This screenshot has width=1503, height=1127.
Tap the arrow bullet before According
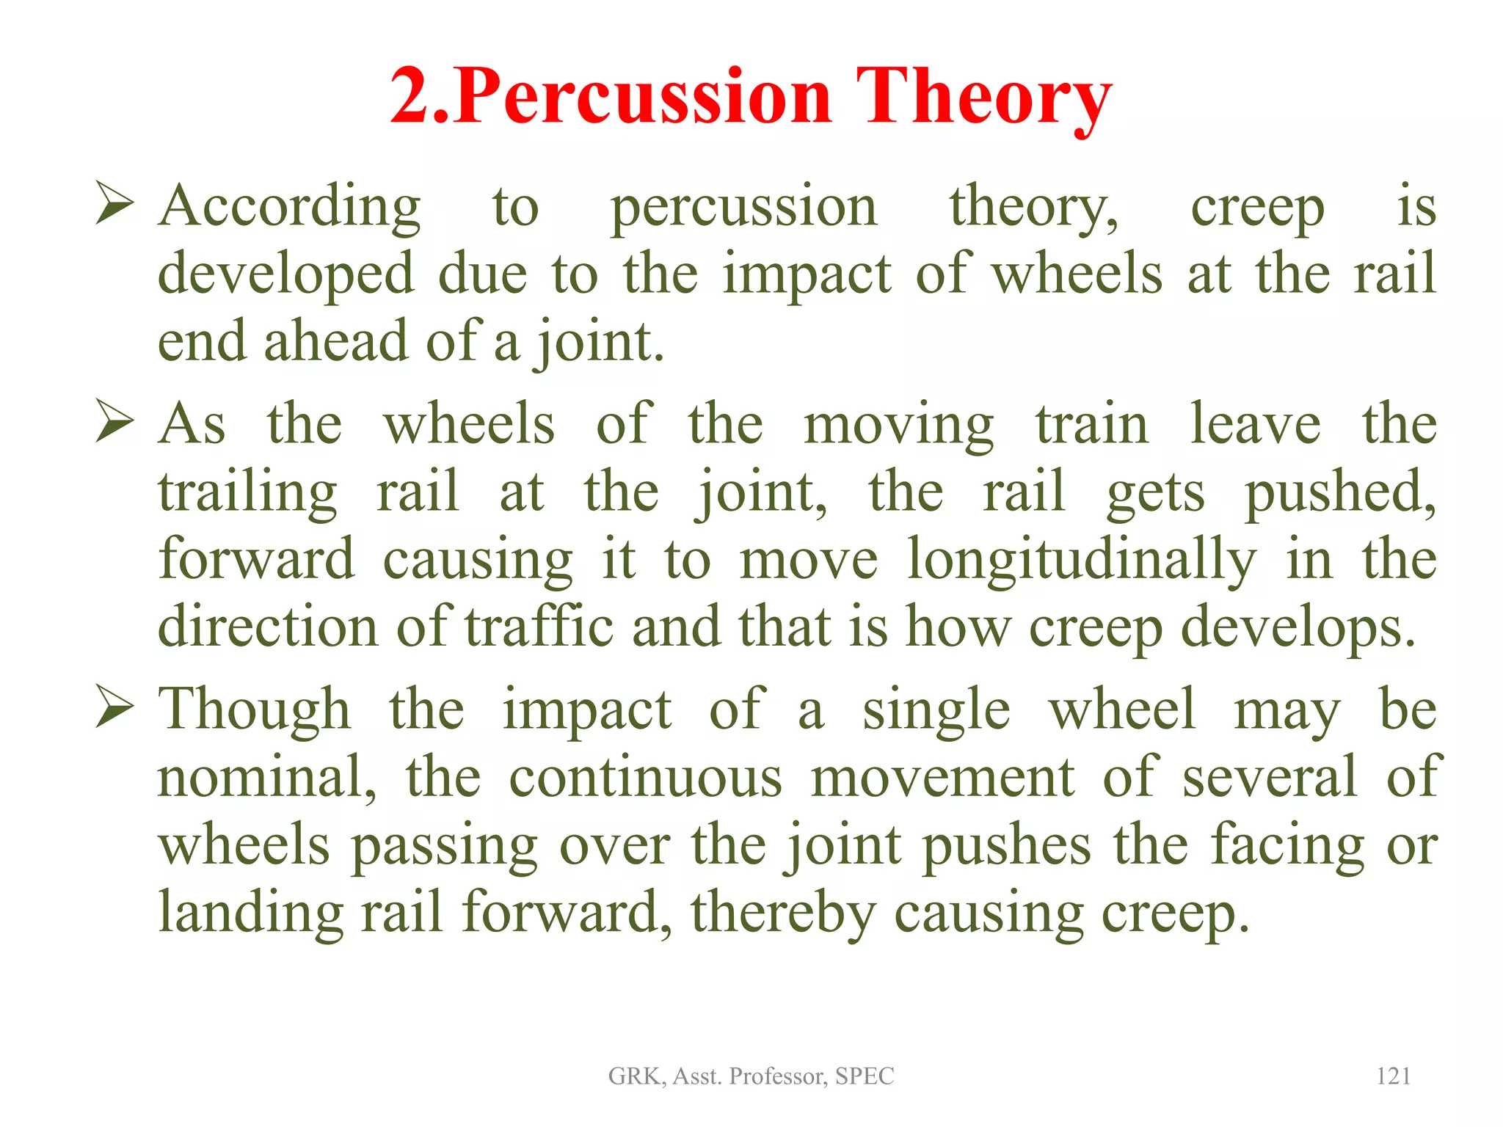pyautogui.click(x=114, y=205)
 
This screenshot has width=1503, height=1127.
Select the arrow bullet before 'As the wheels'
pyautogui.click(x=114, y=423)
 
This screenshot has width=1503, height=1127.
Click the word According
pyautogui.click(x=290, y=208)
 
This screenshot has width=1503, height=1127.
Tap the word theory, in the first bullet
pyautogui.click(x=1033, y=208)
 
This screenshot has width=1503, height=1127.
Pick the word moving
pyautogui.click(x=898, y=426)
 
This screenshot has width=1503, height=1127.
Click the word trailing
pyautogui.click(x=247, y=493)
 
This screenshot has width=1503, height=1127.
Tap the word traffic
pyautogui.click(x=539, y=628)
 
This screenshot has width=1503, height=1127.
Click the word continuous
pyautogui.click(x=646, y=778)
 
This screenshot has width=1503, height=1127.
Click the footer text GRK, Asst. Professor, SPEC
pyautogui.click(x=751, y=1076)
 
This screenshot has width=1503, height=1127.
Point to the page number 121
pyautogui.click(x=1393, y=1076)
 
